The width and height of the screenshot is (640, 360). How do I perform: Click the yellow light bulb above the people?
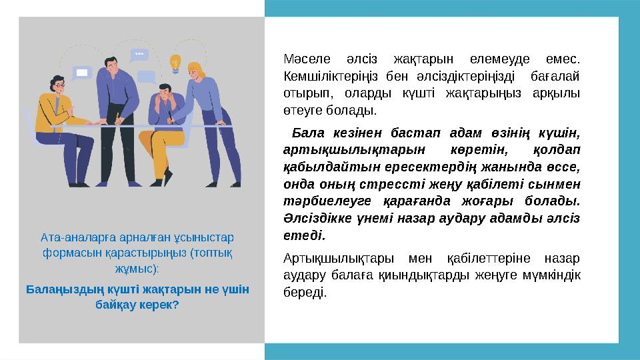[x=176, y=63]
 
